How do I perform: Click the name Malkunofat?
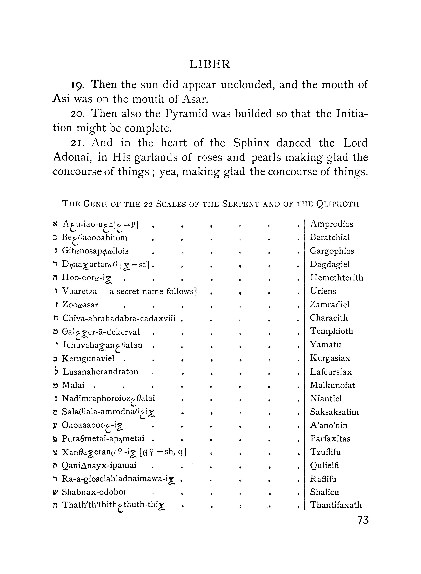[x=332, y=385]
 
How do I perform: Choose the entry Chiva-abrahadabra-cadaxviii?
[x=119, y=318]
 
